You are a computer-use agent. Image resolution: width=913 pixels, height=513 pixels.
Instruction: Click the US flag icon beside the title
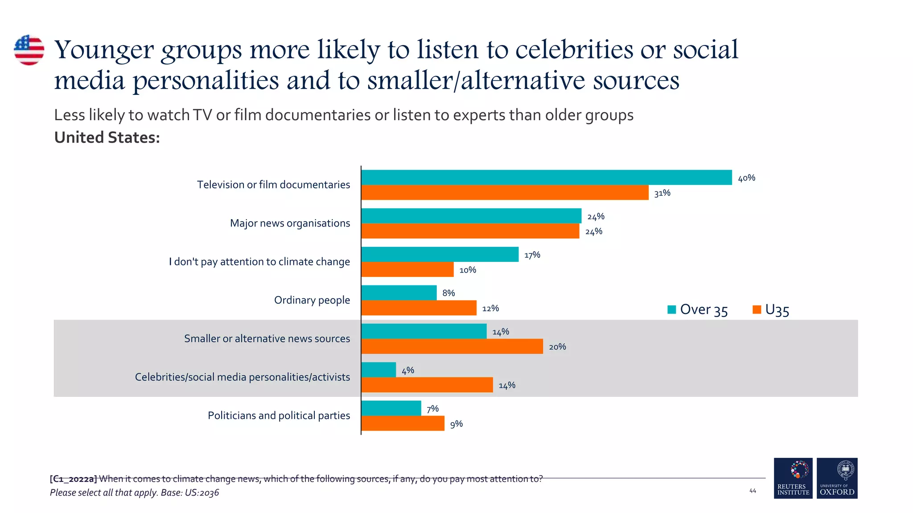point(29,50)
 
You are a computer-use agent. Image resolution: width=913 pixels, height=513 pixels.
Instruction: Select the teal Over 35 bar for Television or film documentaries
point(546,177)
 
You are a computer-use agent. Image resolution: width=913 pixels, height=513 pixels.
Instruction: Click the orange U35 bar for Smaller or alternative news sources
point(452,346)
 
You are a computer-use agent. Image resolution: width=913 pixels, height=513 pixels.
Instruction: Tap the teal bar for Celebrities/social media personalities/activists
point(378,370)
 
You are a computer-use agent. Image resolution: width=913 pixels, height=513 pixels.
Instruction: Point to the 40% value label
point(746,178)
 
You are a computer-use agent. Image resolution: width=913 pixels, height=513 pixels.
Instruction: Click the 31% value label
point(662,193)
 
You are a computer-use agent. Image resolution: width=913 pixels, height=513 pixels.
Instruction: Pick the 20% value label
point(557,347)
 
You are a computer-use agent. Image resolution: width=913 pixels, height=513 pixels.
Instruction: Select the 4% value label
point(407,370)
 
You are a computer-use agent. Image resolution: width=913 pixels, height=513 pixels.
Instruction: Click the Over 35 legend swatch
point(671,309)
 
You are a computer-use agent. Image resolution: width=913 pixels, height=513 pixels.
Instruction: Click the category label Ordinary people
point(312,300)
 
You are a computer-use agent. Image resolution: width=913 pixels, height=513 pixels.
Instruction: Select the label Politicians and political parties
point(279,415)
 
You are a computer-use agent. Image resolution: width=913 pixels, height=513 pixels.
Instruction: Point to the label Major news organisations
point(290,223)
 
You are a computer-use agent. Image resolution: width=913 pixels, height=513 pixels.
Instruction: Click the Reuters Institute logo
point(793,478)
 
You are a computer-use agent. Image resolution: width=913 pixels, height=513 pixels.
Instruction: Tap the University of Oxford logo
point(837,478)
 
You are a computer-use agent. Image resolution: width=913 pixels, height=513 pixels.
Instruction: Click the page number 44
point(753,491)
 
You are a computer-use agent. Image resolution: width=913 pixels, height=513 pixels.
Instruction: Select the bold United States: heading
point(107,138)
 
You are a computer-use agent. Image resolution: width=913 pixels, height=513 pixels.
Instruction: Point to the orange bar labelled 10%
point(407,269)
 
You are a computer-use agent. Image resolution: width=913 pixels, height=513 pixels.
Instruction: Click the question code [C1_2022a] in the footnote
point(73,479)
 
